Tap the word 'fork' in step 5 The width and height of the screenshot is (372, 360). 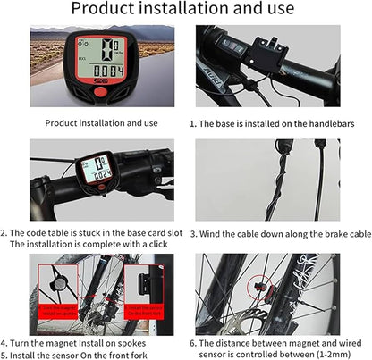click(132, 354)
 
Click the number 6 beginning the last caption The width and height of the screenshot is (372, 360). click(191, 342)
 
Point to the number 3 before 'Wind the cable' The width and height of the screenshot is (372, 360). click(191, 233)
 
